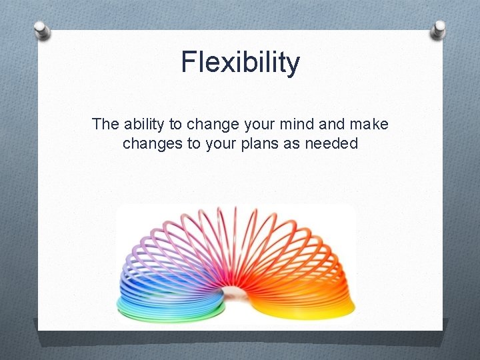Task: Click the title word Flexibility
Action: pos(240,63)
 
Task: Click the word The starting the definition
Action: pos(105,124)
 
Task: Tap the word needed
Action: pos(333,143)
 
